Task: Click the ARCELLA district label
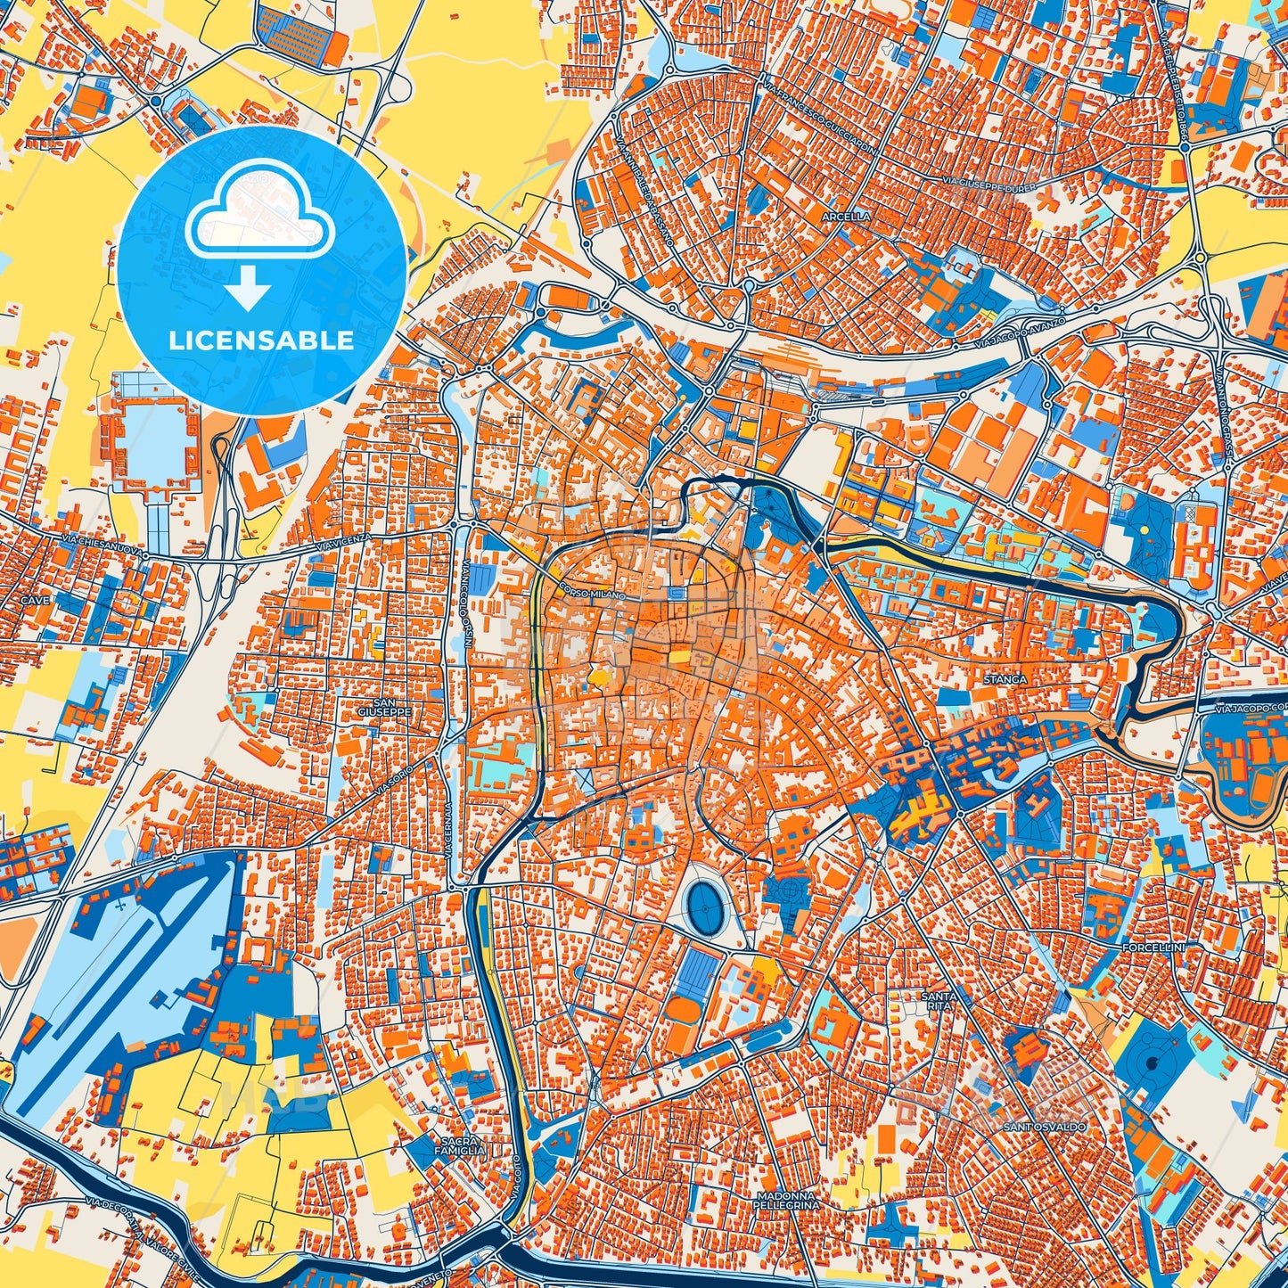847,217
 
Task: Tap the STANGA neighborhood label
1005,679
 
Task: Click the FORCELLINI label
1153,947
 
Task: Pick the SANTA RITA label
940,999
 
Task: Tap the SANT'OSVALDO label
1045,1128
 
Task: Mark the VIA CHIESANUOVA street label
103,545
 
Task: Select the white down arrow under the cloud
249,291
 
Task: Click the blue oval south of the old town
705,907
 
